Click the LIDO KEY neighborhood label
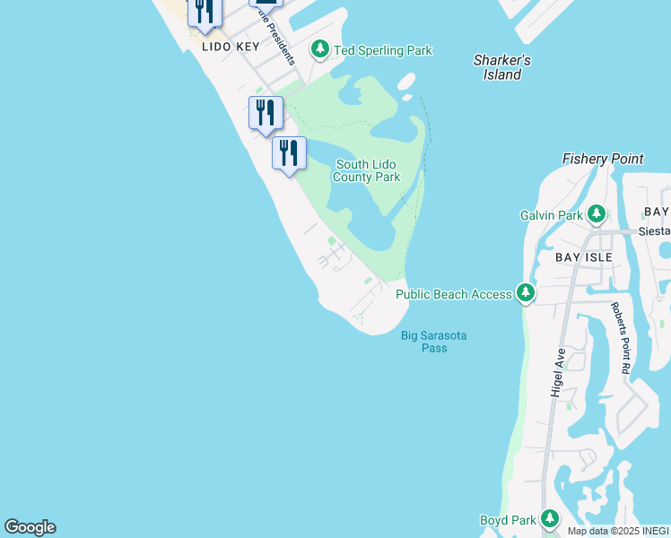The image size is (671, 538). tap(231, 47)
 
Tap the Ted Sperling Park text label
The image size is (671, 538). tap(383, 50)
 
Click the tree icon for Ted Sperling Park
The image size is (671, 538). tap(320, 49)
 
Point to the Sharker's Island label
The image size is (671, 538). tap(502, 67)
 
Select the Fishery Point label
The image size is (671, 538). tap(603, 159)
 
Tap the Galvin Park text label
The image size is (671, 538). tap(552, 215)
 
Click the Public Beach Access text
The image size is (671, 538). tap(454, 293)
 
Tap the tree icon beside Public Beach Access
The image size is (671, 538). tap(526, 293)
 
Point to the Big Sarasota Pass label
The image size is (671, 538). tap(434, 342)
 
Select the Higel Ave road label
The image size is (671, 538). tap(560, 373)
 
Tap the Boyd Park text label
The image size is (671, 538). tap(508, 520)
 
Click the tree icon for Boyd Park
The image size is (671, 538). tap(548, 519)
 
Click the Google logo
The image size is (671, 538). tap(30, 527)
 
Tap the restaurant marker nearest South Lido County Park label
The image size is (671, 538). tap(289, 153)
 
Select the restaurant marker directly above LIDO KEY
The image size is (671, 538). tap(205, 11)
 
